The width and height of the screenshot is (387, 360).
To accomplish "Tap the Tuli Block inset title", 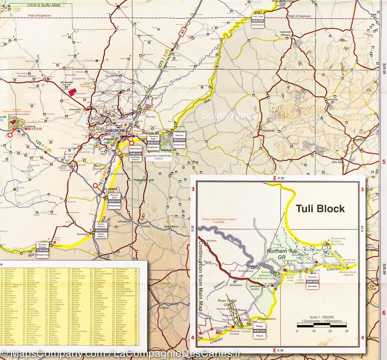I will pyautogui.click(x=321, y=209).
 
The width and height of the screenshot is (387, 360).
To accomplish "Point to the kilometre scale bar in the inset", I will pyautogui.click(x=322, y=326).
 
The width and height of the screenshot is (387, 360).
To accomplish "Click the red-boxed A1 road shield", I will pyautogui.click(x=183, y=32).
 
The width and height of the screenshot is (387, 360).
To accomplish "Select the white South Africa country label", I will pyautogui.click(x=229, y=115).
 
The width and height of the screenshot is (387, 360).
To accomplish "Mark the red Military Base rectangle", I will pyautogui.click(x=72, y=92).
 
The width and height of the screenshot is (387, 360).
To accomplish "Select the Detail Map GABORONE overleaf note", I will pyautogui.click(x=158, y=157).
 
